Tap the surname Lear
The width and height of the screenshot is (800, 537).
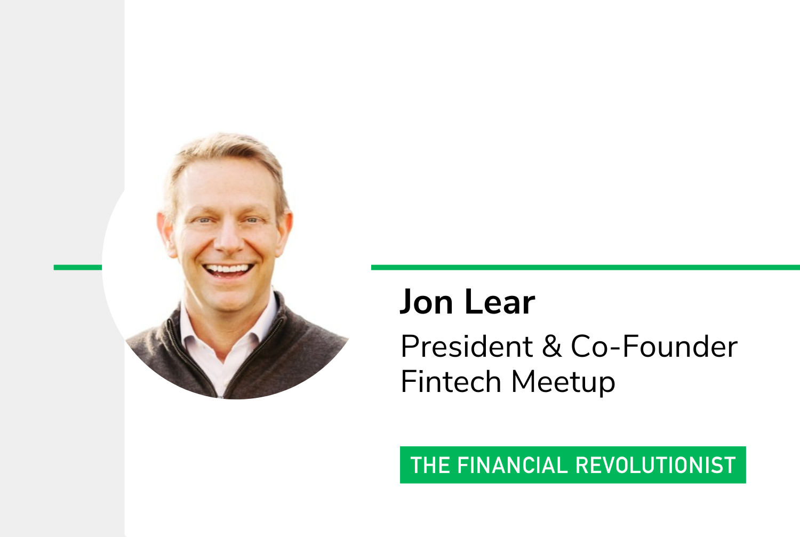tap(500, 302)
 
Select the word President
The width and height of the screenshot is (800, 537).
tap(467, 346)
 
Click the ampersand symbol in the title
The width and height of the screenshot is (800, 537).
tap(551, 346)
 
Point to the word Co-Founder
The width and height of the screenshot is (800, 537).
tap(654, 346)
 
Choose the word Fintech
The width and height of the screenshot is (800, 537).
tap(451, 382)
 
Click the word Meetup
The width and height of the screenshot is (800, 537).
tap(563, 383)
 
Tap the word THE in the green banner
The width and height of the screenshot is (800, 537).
tap(430, 465)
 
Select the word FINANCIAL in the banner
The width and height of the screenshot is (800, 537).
tap(513, 465)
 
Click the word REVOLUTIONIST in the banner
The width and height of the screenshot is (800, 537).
tap(655, 465)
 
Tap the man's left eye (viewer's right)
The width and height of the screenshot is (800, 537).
tap(252, 220)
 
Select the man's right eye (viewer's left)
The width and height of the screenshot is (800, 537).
tap(204, 221)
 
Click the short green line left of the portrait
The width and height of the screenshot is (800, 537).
tap(78, 267)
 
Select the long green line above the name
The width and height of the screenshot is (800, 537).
tap(586, 267)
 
